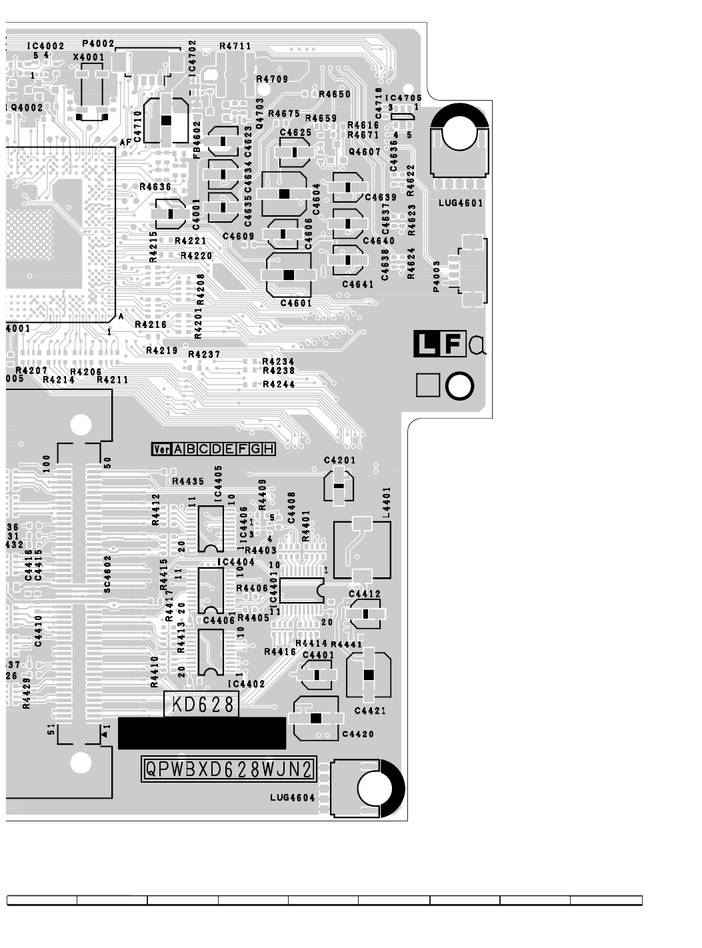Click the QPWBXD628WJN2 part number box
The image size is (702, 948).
pos(228,770)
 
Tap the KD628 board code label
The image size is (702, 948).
pos(202,705)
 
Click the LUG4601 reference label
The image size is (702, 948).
pos(461,203)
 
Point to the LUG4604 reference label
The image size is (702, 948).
pos(293,797)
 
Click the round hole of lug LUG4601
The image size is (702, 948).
pos(459,133)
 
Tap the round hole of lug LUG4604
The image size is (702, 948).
pos(375,789)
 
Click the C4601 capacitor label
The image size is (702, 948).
pos(296,303)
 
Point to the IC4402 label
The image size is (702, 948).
pos(246,684)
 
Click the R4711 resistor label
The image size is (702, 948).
pos(235,47)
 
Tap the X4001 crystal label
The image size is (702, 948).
pos(89,57)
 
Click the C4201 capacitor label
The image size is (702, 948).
pos(339,461)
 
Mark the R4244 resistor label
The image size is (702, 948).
pos(279,385)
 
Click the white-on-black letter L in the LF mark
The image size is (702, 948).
pos(425,344)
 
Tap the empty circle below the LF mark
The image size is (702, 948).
pos(459,386)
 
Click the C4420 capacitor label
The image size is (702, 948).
pos(357,734)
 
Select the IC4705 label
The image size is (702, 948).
pos(403,98)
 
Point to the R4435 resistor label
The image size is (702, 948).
pos(188,481)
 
